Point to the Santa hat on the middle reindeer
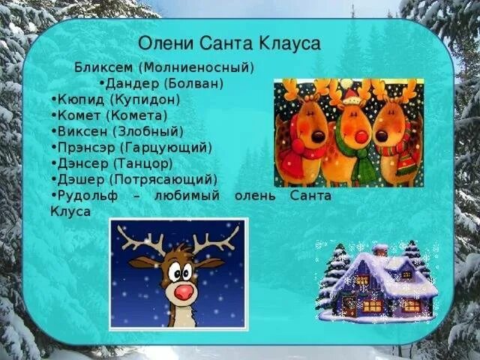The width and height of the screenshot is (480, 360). [350, 95]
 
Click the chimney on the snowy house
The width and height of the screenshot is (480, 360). [380, 250]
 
